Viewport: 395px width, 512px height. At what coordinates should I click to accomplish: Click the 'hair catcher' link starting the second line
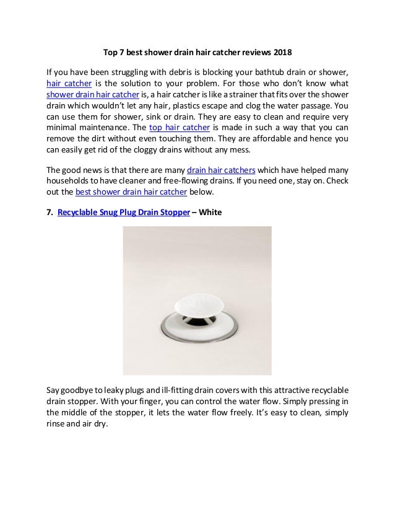point(69,84)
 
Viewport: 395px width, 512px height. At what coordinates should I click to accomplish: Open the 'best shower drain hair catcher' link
point(131,192)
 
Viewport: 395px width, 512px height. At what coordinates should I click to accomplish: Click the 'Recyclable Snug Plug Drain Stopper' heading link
point(123,213)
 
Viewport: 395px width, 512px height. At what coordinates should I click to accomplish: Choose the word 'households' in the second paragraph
point(69,180)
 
